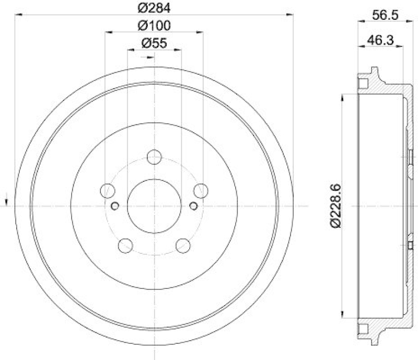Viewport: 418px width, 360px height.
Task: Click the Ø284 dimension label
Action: pyautogui.click(x=155, y=8)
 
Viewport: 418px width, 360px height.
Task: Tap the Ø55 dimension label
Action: pyautogui.click(x=154, y=44)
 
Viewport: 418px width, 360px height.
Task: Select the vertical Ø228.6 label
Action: pyautogui.click(x=337, y=205)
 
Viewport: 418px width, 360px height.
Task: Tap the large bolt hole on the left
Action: pyautogui.click(x=107, y=191)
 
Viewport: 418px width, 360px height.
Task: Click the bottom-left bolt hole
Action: pyautogui.click(x=125, y=245)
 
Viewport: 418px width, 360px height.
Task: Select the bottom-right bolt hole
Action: pyautogui.click(x=183, y=245)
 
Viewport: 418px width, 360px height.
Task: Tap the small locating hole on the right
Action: pyautogui.click(x=193, y=205)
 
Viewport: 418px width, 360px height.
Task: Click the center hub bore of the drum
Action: pyautogui.click(x=154, y=205)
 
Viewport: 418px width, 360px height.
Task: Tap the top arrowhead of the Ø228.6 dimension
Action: pyautogui.click(x=343, y=97)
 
